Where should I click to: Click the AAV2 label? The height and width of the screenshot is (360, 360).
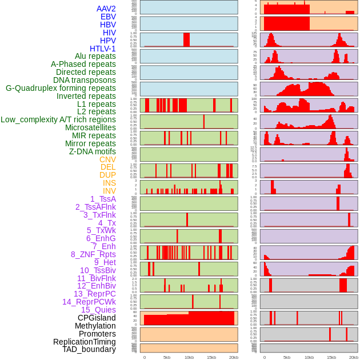(x=106, y=9)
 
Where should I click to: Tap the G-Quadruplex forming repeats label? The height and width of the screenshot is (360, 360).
(x=61, y=88)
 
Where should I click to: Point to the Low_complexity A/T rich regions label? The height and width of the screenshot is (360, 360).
(x=58, y=119)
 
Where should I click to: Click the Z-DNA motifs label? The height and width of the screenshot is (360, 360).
(x=92, y=151)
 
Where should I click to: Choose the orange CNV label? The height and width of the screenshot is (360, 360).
(x=107, y=159)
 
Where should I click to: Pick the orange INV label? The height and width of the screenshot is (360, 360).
(x=109, y=191)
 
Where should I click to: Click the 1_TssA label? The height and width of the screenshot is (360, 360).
(x=103, y=199)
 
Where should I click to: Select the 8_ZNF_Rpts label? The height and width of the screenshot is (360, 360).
(x=93, y=254)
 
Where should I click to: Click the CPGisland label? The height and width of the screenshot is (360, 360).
(x=97, y=318)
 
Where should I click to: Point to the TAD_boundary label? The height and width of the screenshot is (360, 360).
(x=89, y=349)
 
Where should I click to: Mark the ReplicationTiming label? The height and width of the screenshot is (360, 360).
(x=85, y=342)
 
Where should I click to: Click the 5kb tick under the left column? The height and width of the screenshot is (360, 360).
(x=167, y=357)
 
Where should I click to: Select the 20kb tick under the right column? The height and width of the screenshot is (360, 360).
(x=354, y=357)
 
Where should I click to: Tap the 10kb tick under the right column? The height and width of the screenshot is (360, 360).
(x=309, y=357)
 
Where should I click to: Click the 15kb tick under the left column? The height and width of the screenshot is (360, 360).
(x=211, y=357)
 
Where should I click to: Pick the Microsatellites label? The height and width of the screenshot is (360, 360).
(x=90, y=127)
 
